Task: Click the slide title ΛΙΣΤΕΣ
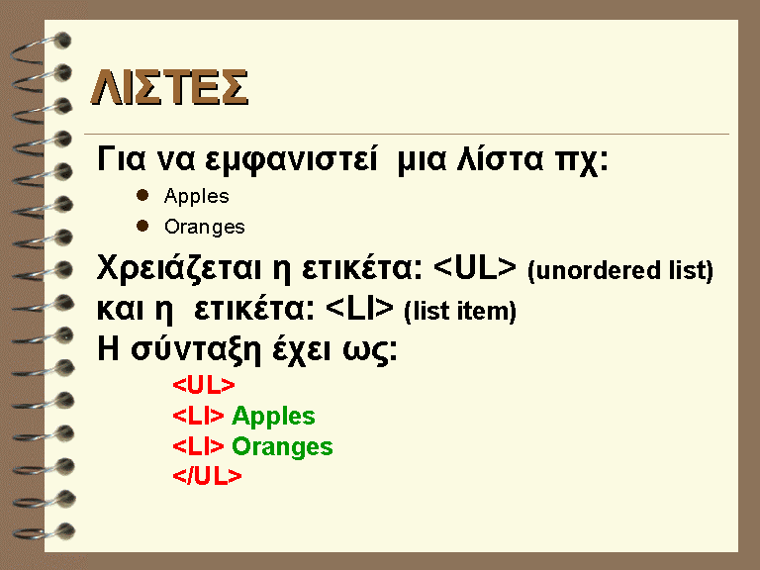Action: pos(169,87)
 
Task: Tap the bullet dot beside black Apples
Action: pos(142,195)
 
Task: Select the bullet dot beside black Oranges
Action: pos(142,226)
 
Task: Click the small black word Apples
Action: pos(196,197)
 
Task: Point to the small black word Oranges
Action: pos(205,228)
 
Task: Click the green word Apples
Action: pos(273,417)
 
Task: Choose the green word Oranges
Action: pos(282,447)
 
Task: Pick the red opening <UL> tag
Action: pos(204,385)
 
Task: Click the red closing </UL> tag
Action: pos(207,476)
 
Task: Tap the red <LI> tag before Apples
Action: pos(198,416)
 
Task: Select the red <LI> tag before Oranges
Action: pos(198,446)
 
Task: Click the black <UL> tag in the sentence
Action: pos(475,267)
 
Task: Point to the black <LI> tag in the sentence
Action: pos(359,309)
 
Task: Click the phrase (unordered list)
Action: pos(620,270)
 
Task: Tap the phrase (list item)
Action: pos(460,311)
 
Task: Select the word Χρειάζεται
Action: pos(179,268)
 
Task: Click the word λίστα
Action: pos(501,158)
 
